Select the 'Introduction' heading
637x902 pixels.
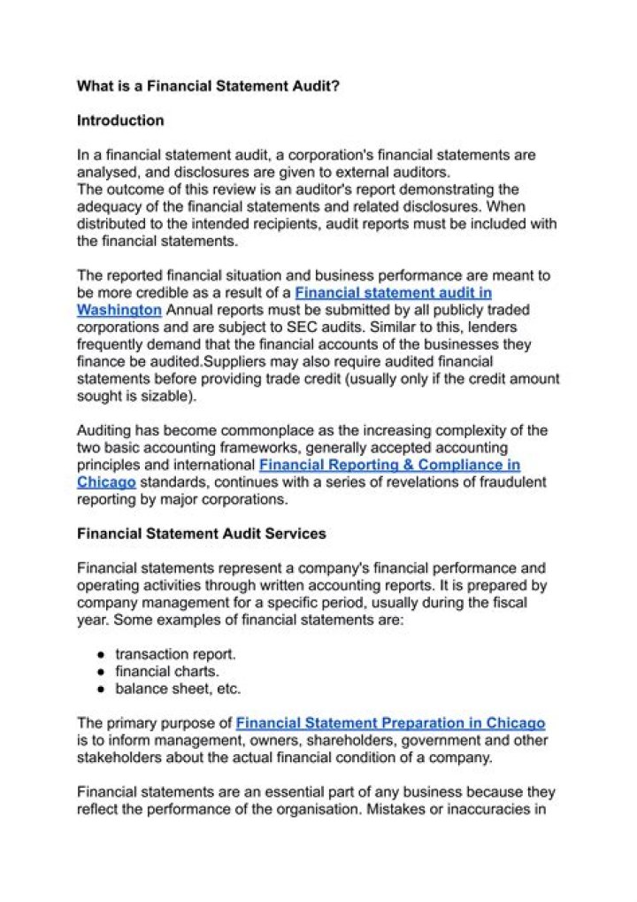[120, 120]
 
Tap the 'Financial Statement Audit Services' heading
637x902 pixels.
[201, 534]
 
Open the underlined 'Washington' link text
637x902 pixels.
[119, 310]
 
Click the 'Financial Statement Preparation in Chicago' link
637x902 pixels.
[390, 722]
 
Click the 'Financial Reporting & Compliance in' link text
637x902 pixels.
[389, 465]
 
